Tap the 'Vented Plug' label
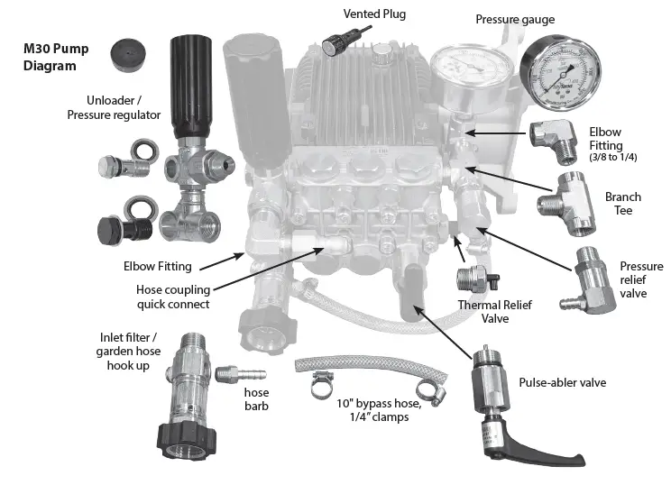(x=374, y=14)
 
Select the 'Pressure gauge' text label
(x=515, y=19)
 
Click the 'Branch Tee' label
(x=622, y=204)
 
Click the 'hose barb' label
(x=258, y=400)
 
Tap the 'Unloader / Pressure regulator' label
(x=115, y=107)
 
